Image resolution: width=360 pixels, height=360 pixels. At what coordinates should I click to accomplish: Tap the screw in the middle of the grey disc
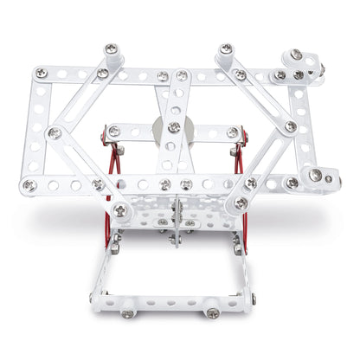[174, 127]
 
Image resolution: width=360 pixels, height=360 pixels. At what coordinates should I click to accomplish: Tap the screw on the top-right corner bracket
[297, 55]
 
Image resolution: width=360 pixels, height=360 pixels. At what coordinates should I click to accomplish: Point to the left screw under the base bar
[128, 313]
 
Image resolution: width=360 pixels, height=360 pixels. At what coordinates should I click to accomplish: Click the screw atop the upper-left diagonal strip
[111, 50]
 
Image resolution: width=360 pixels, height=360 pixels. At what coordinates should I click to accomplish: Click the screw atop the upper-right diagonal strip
[226, 49]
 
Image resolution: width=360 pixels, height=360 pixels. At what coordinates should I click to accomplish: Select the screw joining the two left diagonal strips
[54, 132]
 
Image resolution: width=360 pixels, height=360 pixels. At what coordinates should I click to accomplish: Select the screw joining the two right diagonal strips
[291, 126]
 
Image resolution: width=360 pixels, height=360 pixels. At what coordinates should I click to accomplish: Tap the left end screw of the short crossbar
[113, 131]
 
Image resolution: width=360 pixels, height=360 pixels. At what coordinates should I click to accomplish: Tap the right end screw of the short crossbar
[232, 132]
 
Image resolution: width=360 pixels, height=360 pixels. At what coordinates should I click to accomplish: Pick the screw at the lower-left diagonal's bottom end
[119, 210]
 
